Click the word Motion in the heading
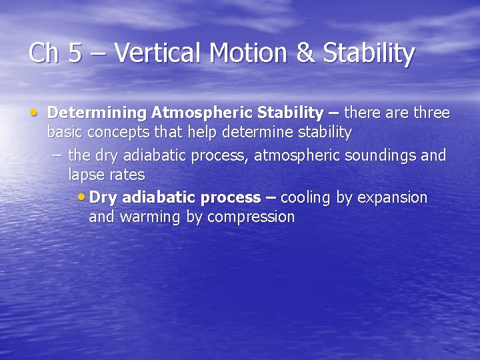tap(245, 53)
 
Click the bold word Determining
tap(98, 113)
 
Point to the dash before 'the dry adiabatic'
tap(57, 155)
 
